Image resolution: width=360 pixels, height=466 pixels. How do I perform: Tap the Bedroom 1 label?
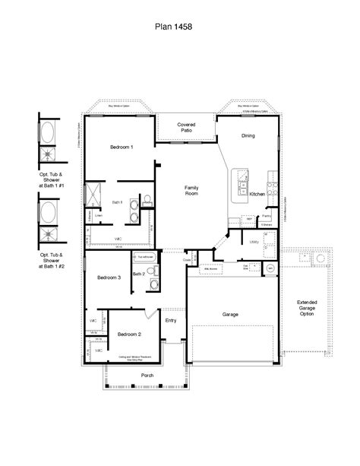coord(122,147)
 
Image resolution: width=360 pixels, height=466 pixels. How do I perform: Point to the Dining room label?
coord(248,136)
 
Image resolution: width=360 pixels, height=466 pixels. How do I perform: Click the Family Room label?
coord(191,190)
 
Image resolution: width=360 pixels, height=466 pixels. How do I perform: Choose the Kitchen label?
coord(257,195)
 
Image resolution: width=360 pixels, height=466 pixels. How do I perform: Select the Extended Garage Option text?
coord(307,308)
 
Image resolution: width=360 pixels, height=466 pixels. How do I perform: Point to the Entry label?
coord(171,320)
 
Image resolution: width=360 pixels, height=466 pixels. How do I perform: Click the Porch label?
coord(147,376)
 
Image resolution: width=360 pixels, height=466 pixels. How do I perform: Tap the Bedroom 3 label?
coord(109,277)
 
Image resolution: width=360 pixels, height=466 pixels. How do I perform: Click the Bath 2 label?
coord(138,274)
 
